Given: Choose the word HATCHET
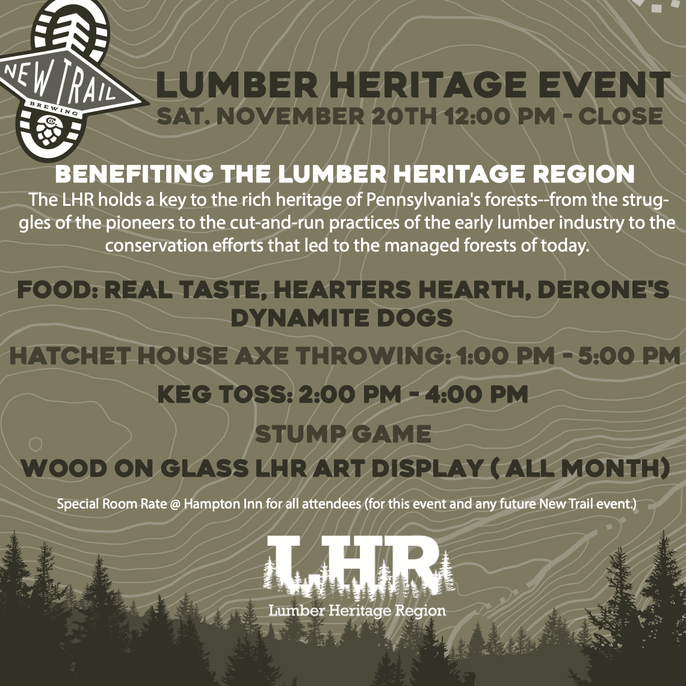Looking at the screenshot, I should coord(70,356).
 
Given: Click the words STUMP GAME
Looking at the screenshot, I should coord(343,433).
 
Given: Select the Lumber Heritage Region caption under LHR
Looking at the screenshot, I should coord(357,611).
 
